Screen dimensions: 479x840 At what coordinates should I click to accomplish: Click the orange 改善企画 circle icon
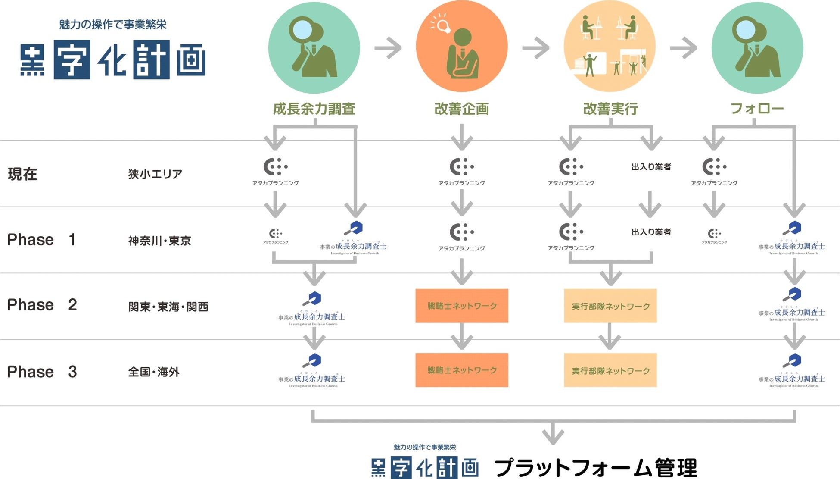(x=461, y=47)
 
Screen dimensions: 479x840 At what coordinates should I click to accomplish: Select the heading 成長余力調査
(x=314, y=109)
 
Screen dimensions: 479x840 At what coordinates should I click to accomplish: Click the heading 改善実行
(x=610, y=109)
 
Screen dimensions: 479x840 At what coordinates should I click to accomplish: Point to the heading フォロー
(x=757, y=108)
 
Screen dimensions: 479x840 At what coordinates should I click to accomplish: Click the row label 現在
(x=22, y=174)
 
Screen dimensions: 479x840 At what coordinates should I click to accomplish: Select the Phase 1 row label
(x=41, y=240)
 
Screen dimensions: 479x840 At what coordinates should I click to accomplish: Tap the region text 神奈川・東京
(x=159, y=241)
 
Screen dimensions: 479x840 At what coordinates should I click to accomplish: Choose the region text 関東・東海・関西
(x=168, y=307)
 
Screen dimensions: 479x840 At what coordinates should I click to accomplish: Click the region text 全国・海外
(x=153, y=372)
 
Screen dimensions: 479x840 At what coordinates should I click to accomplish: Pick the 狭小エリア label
(x=155, y=174)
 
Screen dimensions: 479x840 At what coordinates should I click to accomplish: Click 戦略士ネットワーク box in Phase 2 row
(x=462, y=306)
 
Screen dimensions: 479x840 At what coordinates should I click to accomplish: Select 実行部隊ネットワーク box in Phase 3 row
(x=610, y=370)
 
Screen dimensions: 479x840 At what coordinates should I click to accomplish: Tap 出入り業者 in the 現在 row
(x=651, y=167)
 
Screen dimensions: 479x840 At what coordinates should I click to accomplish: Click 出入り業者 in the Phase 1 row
(x=651, y=232)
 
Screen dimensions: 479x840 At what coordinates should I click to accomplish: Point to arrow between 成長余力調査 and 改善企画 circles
(x=388, y=47)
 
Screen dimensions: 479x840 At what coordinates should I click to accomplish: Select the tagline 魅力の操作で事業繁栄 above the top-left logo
(x=113, y=25)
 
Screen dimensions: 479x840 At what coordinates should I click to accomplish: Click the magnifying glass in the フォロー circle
(x=748, y=30)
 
